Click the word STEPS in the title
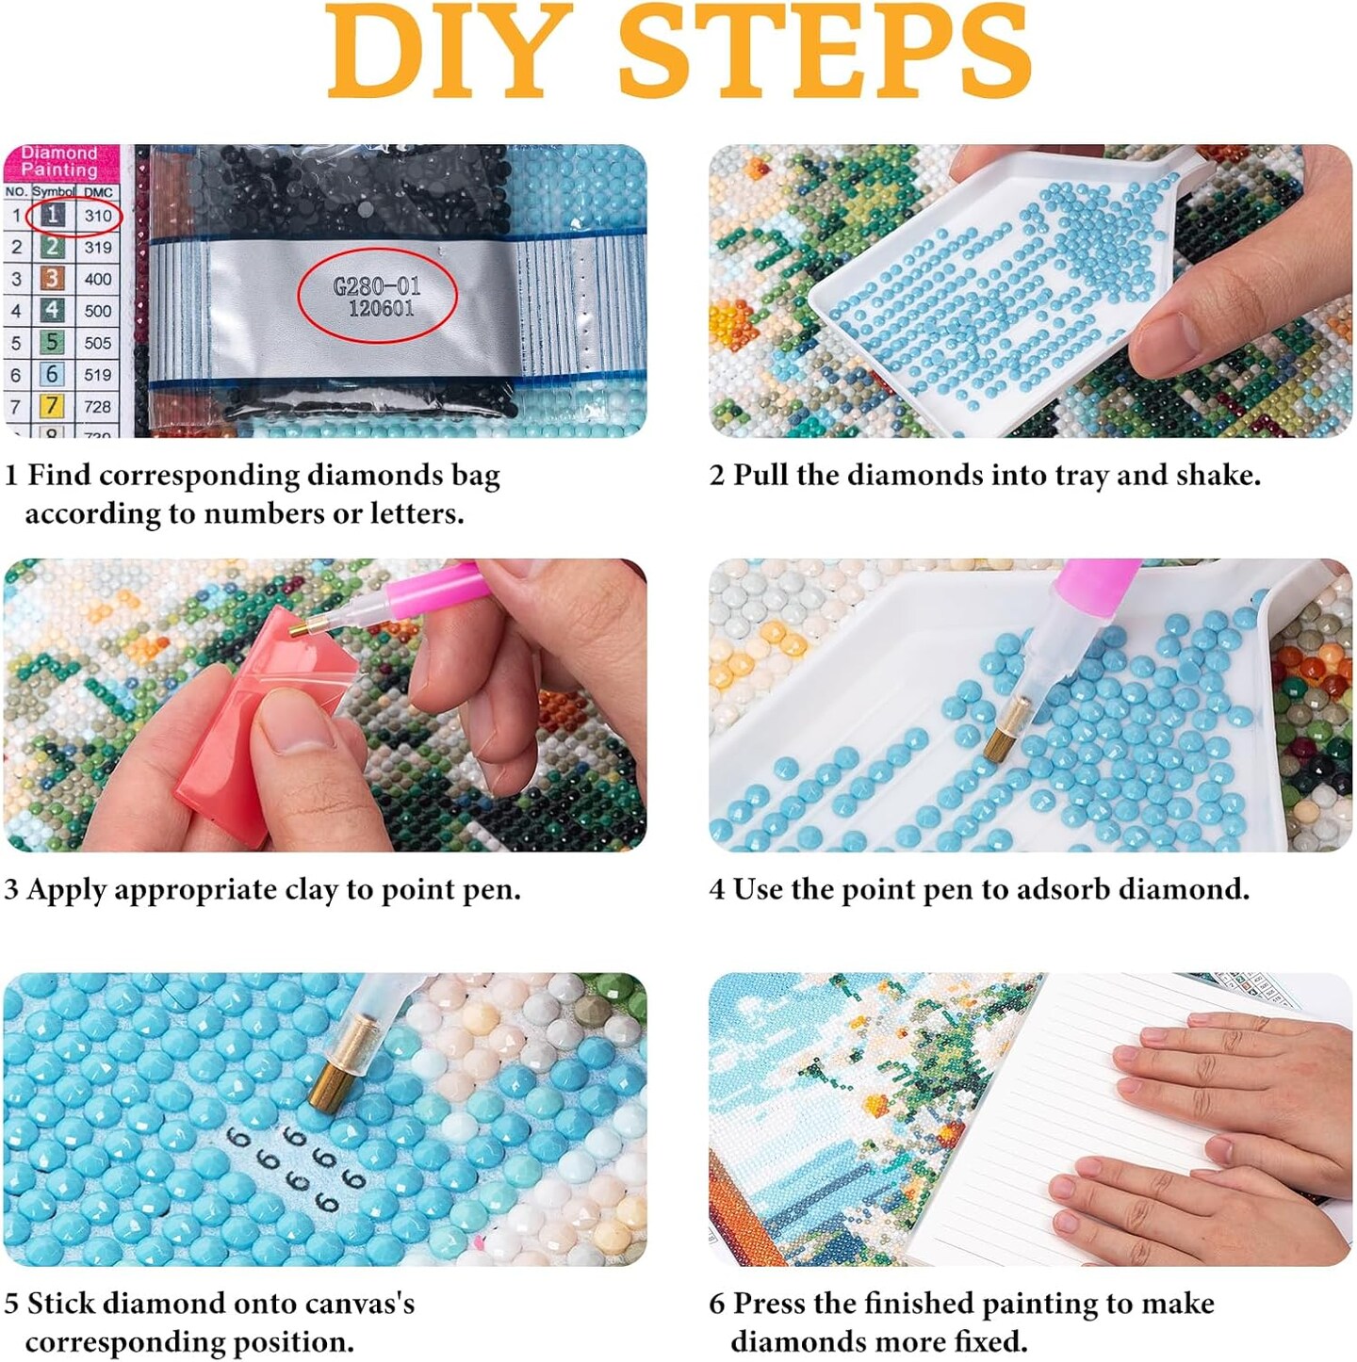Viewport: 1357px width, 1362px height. point(824,52)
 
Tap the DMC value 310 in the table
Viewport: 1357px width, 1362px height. point(98,216)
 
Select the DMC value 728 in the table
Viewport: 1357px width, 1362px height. point(98,407)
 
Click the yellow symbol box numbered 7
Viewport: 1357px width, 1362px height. point(52,406)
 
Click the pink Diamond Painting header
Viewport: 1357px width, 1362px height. point(60,162)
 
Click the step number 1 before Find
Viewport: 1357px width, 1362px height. point(11,476)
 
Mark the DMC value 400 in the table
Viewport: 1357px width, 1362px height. point(98,280)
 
